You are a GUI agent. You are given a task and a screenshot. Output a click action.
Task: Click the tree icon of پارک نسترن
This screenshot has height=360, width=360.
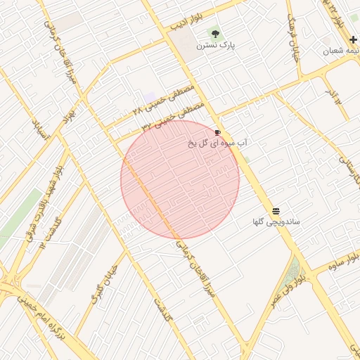pyautogui.click(x=215, y=33)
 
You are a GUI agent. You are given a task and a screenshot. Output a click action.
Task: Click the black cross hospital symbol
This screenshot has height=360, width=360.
pyautogui.click(x=352, y=39)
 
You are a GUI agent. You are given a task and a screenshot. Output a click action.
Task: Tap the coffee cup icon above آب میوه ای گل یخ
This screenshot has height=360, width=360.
pyautogui.click(x=217, y=131)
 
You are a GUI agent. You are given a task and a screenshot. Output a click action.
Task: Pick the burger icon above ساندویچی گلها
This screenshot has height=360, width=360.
pyautogui.click(x=276, y=210)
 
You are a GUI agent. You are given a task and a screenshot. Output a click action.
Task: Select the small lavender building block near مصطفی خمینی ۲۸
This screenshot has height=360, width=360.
pyautogui.click(x=149, y=95)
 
